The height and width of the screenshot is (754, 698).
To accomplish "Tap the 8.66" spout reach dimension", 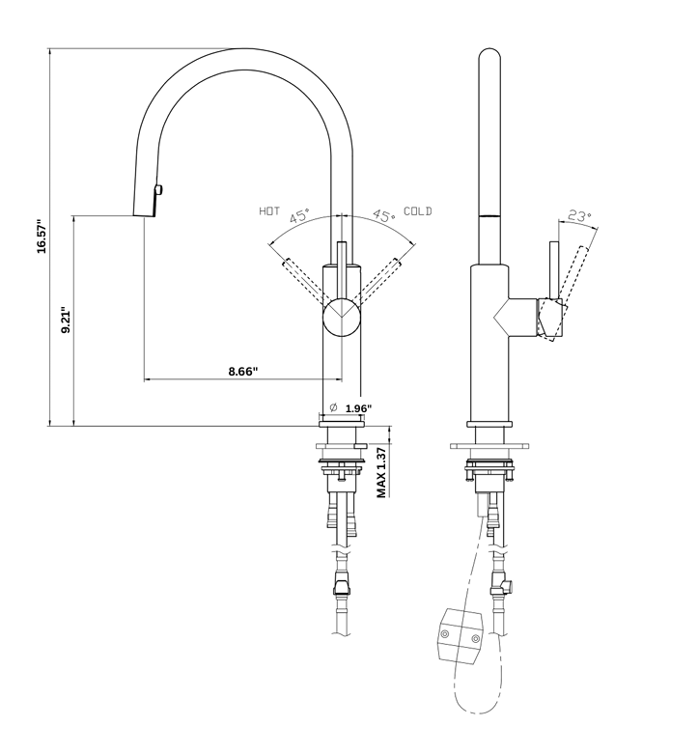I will pyautogui.click(x=242, y=370).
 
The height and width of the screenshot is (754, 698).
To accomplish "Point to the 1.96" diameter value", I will pyautogui.click(x=358, y=408).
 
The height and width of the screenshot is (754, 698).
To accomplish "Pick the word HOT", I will pyautogui.click(x=269, y=210).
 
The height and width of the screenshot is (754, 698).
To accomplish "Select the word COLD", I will pyautogui.click(x=418, y=210).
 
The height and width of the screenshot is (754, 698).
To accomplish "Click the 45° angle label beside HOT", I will pyautogui.click(x=299, y=217).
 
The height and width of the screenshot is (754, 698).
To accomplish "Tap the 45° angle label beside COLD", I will pyautogui.click(x=383, y=217).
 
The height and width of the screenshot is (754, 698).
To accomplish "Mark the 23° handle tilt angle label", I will pyautogui.click(x=579, y=216).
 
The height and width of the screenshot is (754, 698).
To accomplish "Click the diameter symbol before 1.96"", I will pyautogui.click(x=332, y=407).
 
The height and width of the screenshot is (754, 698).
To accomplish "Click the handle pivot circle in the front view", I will pyautogui.click(x=341, y=316).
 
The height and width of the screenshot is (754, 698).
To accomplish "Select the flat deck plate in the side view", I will pyautogui.click(x=491, y=445).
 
